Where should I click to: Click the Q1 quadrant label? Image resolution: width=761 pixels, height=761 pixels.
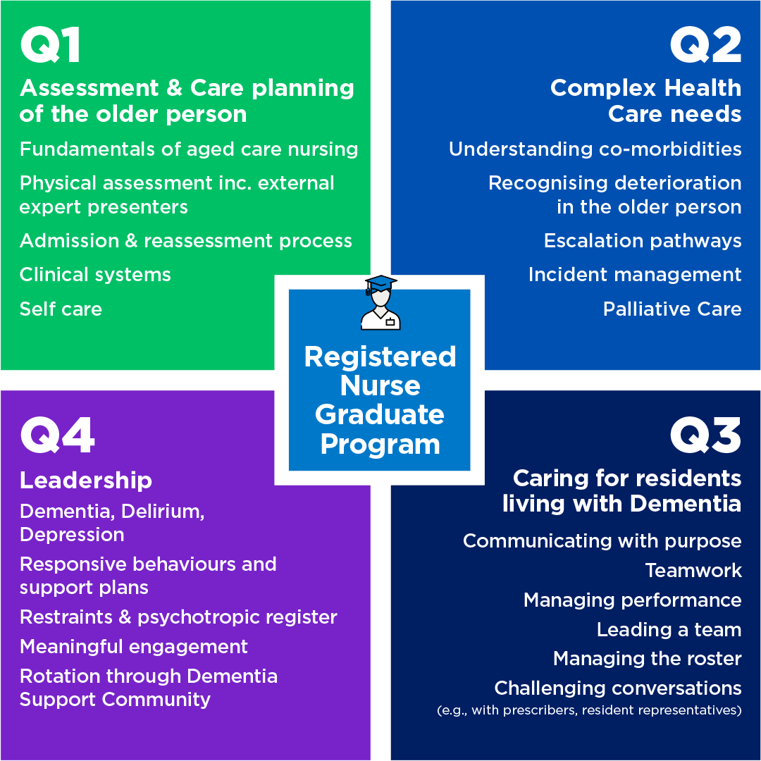[50, 46]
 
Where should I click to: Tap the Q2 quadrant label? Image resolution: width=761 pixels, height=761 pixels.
[705, 46]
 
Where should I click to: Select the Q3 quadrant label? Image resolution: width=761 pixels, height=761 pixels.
[705, 435]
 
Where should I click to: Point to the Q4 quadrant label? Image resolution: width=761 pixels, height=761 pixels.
[57, 435]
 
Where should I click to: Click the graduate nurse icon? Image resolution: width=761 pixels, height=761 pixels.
[380, 303]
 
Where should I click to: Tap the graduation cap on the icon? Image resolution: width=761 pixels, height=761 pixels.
[380, 283]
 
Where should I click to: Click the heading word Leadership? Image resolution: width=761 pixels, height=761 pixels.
[86, 481]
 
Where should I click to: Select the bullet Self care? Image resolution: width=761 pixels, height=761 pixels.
[61, 309]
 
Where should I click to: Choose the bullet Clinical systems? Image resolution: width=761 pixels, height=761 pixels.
[95, 275]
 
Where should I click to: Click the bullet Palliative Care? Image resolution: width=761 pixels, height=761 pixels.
[672, 309]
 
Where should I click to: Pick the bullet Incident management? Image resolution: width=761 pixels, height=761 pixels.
[635, 275]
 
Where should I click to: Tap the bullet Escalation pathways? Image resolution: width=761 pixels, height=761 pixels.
[643, 241]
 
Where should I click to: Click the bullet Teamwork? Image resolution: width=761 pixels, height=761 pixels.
[693, 570]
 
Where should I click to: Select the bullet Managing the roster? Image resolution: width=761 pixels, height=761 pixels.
[647, 659]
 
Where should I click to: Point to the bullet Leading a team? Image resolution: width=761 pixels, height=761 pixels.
[669, 629]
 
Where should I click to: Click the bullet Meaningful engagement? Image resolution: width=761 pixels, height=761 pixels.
[134, 647]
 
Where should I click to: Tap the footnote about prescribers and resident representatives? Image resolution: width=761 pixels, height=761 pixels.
[589, 710]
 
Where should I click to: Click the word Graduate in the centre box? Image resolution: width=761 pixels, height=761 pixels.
[380, 414]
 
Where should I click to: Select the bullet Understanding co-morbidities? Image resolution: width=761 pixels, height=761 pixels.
[595, 149]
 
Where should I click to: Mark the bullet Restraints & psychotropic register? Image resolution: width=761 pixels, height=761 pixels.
[178, 617]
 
